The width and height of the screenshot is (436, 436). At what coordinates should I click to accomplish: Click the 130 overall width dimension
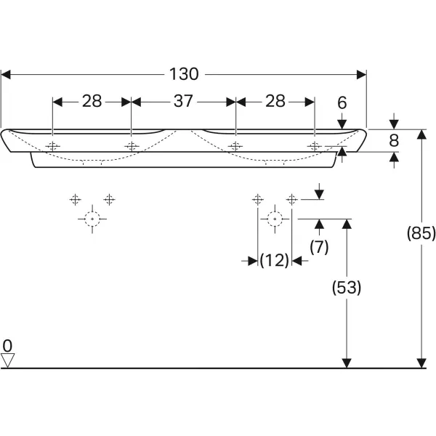(x=184, y=73)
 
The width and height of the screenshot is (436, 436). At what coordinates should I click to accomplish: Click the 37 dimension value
(x=183, y=101)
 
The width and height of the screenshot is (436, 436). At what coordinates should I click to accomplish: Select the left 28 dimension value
(x=92, y=101)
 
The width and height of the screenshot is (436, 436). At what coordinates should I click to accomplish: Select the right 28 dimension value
(x=275, y=101)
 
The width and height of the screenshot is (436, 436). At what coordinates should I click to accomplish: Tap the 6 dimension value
(x=342, y=104)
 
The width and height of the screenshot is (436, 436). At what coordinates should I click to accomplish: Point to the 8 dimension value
(x=395, y=140)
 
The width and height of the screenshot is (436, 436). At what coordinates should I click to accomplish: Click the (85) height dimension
(x=421, y=234)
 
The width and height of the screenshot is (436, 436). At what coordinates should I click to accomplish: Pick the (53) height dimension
(x=347, y=288)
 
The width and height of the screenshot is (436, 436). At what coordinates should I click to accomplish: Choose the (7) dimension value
(x=319, y=247)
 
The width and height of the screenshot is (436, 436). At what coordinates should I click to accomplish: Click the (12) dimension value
(x=275, y=260)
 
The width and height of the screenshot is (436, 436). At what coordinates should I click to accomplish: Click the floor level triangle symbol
(x=8, y=360)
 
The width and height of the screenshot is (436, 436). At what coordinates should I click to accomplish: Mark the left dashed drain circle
(x=92, y=218)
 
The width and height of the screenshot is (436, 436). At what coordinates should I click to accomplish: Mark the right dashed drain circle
(x=274, y=218)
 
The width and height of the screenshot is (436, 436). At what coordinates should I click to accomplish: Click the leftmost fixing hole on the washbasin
(x=52, y=146)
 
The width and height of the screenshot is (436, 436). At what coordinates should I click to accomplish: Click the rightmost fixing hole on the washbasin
(x=314, y=146)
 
